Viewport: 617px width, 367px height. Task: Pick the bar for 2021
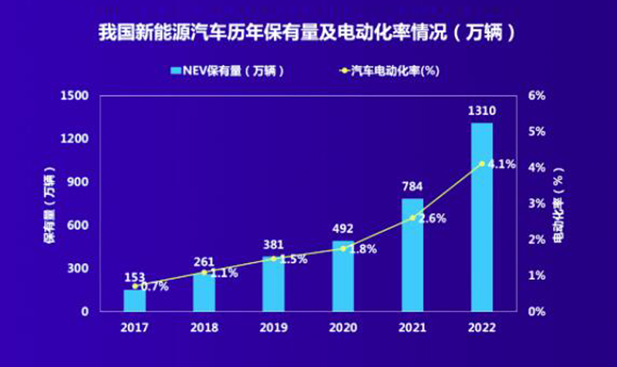[412, 255]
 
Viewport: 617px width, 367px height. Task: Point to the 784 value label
[412, 186]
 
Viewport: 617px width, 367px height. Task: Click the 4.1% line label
[502, 164]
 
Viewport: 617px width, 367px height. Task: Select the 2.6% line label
[433, 218]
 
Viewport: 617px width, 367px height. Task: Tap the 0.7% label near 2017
[153, 287]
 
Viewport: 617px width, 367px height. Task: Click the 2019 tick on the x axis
[273, 327]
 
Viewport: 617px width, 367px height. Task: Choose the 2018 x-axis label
[204, 327]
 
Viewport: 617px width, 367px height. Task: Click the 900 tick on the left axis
[81, 183]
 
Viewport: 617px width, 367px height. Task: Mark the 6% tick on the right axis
[536, 96]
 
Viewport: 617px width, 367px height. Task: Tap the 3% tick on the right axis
[536, 204]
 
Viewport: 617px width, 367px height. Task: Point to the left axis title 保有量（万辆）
[49, 204]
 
